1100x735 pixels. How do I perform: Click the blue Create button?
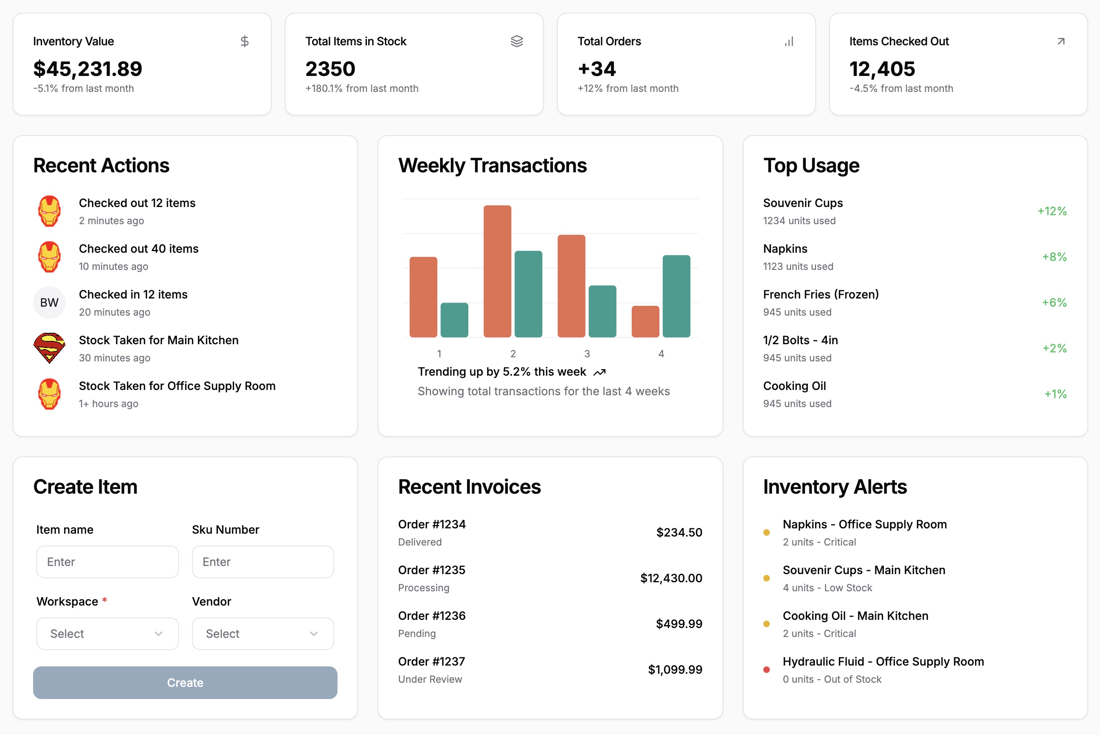tap(185, 682)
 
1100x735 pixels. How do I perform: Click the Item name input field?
tap(107, 561)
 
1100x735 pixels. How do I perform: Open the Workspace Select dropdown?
tap(107, 633)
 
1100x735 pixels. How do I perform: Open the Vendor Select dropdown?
tap(263, 633)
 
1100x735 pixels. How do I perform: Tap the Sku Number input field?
tap(263, 561)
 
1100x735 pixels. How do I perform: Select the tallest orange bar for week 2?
tap(497, 271)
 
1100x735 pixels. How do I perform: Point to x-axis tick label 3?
tap(587, 354)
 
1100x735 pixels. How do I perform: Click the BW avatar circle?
tap(49, 302)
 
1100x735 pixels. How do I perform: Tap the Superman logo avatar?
tap(49, 348)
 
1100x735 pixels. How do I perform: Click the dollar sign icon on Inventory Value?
tap(244, 41)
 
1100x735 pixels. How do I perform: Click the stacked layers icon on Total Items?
tap(516, 41)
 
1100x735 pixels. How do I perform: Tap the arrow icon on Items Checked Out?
tap(1061, 41)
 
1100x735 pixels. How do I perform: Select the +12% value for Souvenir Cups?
tap(1052, 211)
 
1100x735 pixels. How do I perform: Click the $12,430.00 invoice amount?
tap(671, 578)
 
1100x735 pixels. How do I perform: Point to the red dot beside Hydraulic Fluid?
tap(767, 669)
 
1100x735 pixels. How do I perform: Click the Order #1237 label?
tap(431, 661)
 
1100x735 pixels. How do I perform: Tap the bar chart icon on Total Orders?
tap(789, 41)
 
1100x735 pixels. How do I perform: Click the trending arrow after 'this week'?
tap(599, 372)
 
